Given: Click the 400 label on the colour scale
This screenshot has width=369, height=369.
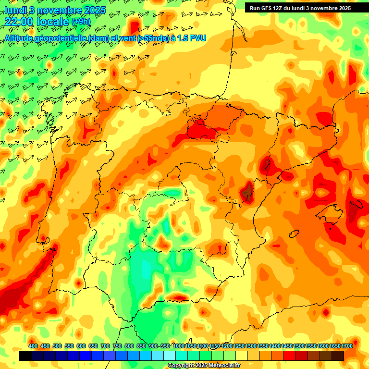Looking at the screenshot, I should pyautogui.click(x=33, y=346).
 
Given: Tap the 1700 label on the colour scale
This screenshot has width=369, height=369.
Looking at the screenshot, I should pyautogui.click(x=347, y=346).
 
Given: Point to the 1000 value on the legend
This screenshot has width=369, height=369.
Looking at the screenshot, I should pyautogui.click(x=179, y=346).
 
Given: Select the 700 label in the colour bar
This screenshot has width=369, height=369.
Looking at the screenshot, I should pyautogui.click(x=105, y=346).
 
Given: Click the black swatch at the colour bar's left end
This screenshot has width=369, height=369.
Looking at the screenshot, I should pyautogui.click(x=25, y=356).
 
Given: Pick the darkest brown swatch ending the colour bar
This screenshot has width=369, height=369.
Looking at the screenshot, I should pyautogui.click(x=338, y=356).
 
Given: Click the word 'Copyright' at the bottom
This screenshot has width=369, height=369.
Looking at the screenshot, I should pyautogui.click(x=182, y=366).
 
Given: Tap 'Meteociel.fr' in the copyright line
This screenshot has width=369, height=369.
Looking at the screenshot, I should pyautogui.click(x=224, y=366).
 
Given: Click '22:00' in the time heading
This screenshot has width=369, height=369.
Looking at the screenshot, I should pyautogui.click(x=19, y=21).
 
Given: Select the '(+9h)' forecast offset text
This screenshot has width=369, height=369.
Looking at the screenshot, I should pyautogui.click(x=81, y=21).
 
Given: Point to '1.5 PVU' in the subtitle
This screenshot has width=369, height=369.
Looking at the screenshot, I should pyautogui.click(x=191, y=37).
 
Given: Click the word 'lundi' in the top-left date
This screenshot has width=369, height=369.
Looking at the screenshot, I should pyautogui.click(x=14, y=10).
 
